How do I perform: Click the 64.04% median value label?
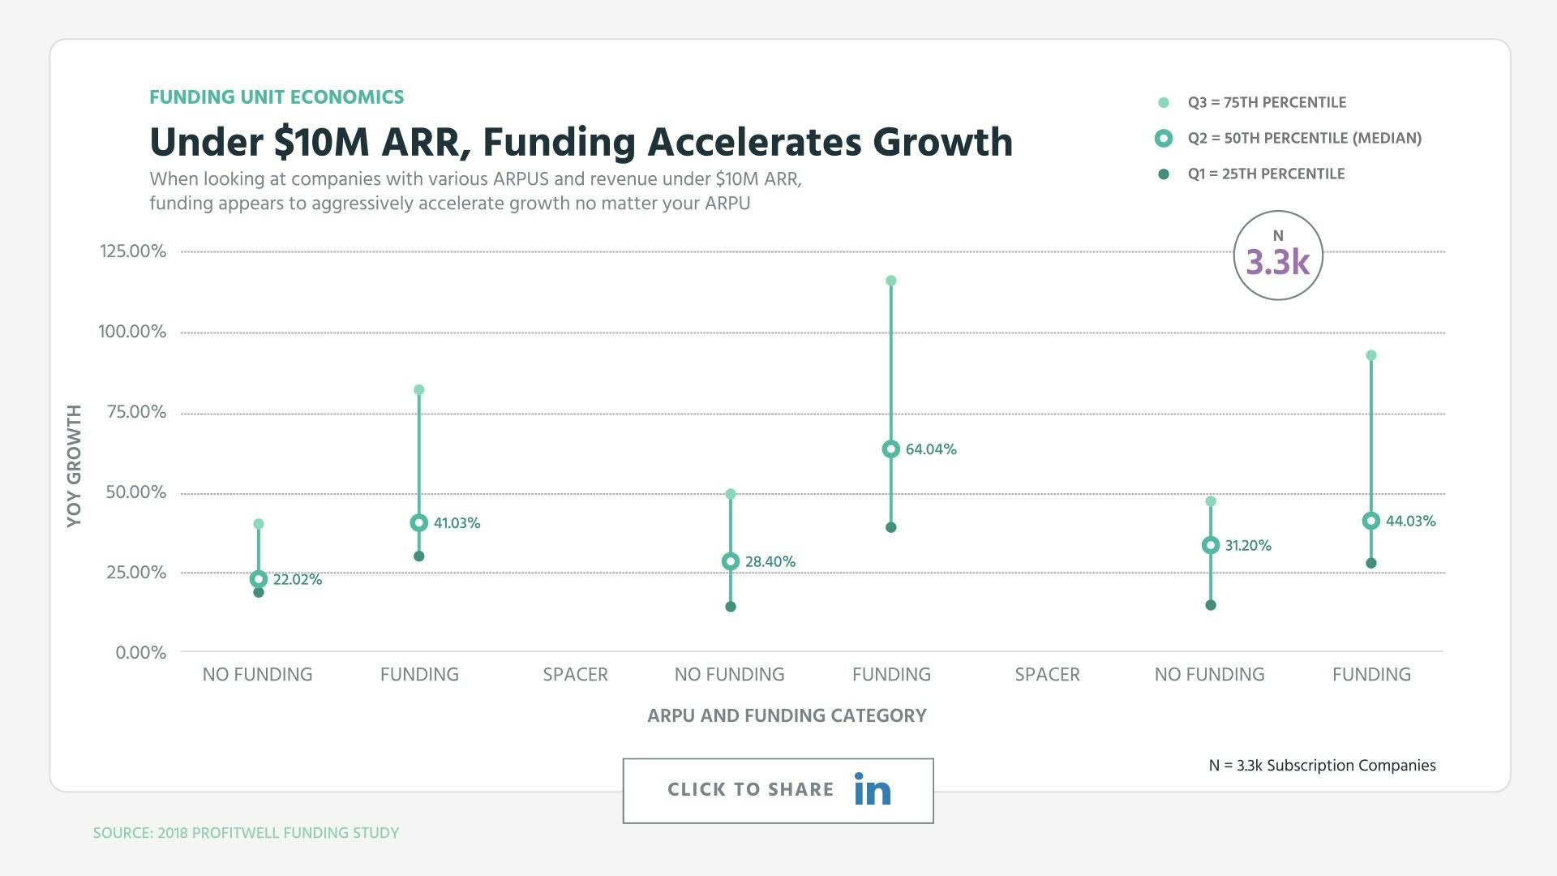point(930,449)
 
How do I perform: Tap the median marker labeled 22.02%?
point(259,579)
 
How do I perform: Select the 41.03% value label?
point(457,523)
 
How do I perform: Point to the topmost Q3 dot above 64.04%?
point(890,281)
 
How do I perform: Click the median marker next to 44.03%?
point(1370,521)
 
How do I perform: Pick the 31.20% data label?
point(1247,546)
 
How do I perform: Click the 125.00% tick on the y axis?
point(133,251)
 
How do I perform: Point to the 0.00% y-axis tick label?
point(140,653)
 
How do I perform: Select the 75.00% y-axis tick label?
point(135,412)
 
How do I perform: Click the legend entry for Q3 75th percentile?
point(1266,103)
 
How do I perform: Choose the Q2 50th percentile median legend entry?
point(1303,139)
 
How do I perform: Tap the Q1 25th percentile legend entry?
point(1265,174)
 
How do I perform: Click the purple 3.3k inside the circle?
point(1277,262)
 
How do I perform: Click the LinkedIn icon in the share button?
point(872,789)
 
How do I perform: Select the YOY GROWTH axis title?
point(75,466)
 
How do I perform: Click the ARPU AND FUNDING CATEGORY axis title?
point(787,715)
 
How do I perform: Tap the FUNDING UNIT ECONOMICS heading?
point(277,97)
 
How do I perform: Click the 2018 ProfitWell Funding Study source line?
point(246,833)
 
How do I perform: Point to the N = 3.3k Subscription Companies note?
point(1322,766)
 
